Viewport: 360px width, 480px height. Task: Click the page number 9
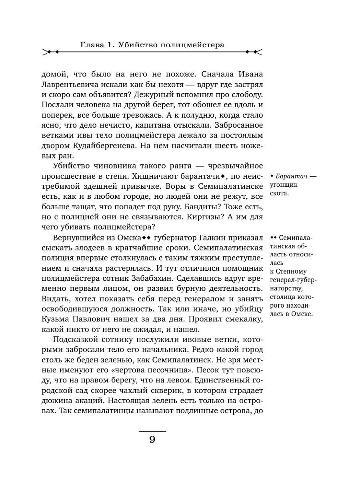tap(152, 440)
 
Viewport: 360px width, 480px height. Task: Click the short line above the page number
tap(152, 431)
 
